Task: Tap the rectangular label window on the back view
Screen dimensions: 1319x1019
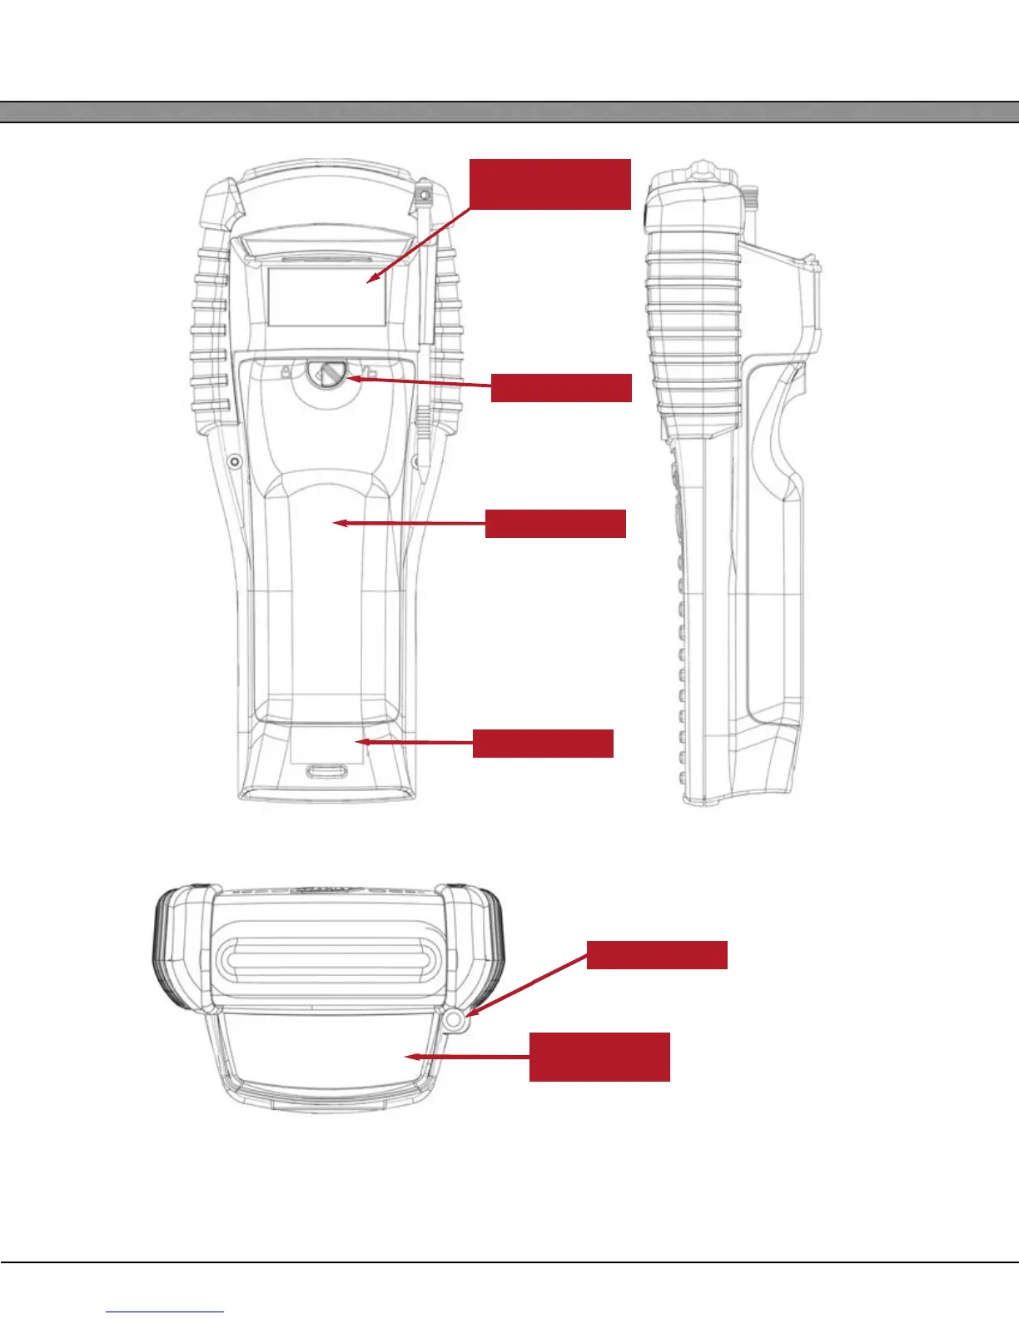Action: [326, 296]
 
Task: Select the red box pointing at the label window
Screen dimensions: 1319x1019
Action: [550, 184]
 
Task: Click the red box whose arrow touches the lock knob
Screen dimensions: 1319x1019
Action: [561, 388]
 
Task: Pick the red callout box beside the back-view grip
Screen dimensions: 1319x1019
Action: [555, 524]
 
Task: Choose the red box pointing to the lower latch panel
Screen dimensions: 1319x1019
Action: [543, 743]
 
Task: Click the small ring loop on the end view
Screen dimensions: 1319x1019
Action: [454, 1019]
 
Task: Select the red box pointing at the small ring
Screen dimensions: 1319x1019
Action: [657, 955]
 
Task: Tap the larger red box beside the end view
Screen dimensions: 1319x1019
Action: [599, 1057]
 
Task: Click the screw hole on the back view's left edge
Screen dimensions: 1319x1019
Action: [235, 460]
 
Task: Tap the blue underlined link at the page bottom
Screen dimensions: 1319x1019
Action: [165, 1312]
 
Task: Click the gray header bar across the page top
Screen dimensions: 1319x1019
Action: [509, 112]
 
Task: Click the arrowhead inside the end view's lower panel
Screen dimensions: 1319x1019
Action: [410, 1057]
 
